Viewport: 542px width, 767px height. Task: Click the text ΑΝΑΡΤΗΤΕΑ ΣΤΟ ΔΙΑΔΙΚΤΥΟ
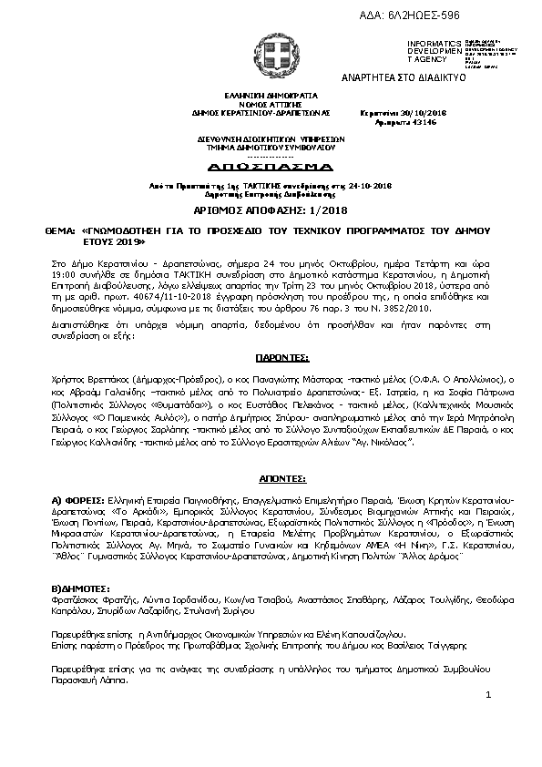[403, 77]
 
